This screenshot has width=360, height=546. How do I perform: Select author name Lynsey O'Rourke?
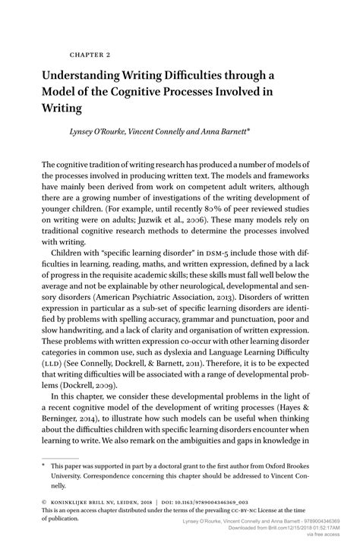pos(93,131)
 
